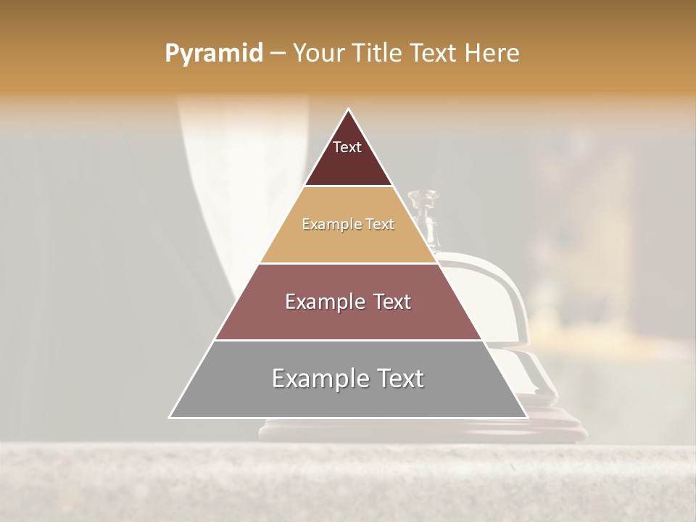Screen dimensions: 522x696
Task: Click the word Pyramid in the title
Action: (x=213, y=54)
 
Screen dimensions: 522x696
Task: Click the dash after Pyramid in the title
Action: (x=277, y=54)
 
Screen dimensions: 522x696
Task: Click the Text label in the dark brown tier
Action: (x=347, y=147)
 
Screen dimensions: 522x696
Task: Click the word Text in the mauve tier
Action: (x=392, y=302)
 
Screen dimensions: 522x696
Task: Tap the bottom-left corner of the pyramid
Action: (x=170, y=417)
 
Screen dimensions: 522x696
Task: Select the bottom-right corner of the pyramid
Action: (x=526, y=417)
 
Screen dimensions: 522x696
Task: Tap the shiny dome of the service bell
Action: (x=500, y=297)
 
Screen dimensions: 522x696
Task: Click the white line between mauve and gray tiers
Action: (x=348, y=340)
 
